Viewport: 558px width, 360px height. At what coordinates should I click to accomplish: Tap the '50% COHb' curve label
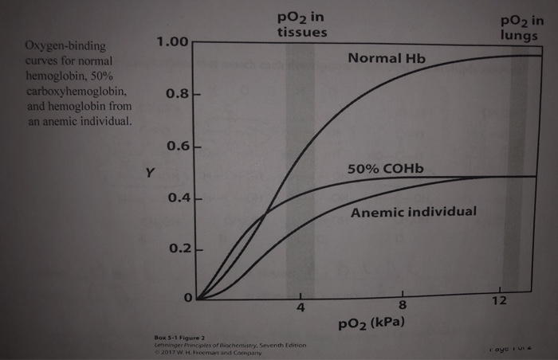[x=387, y=170]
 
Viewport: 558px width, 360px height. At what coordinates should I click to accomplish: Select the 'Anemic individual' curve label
[x=414, y=212]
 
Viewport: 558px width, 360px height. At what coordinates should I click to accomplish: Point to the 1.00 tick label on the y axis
[x=170, y=41]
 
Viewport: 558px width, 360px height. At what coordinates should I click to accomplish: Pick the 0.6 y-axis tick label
[x=176, y=147]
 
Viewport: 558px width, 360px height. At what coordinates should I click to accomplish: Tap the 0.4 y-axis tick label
[x=176, y=197]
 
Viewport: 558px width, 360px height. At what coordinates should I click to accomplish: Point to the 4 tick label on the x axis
[x=301, y=307]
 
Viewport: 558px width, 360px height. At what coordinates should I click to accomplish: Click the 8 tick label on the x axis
[x=403, y=307]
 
